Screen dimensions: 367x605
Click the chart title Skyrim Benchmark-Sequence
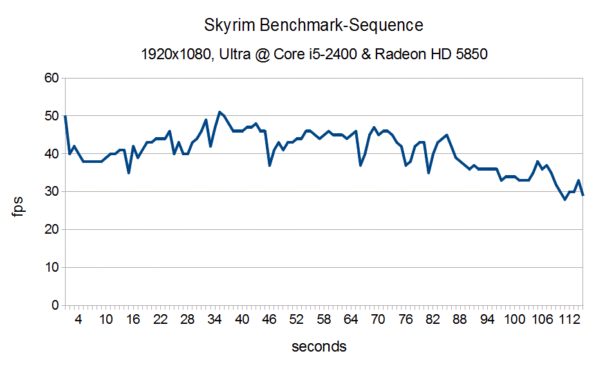[x=314, y=26]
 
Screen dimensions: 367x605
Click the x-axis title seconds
[x=319, y=346]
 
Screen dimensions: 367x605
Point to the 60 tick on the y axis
[x=50, y=79]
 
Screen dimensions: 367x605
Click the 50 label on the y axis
[x=50, y=117]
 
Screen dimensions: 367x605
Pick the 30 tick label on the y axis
[x=50, y=192]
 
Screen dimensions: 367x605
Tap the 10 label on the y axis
[x=50, y=267]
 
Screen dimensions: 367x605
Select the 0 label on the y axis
[x=54, y=305]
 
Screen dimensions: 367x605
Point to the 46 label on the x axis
[x=269, y=320]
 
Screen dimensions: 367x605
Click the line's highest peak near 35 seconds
[x=219, y=112]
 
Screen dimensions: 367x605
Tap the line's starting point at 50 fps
[x=65, y=117]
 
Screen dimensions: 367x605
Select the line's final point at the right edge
[x=583, y=195]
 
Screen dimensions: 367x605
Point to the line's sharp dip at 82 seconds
[x=429, y=173]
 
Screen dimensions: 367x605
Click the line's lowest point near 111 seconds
[x=565, y=200]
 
